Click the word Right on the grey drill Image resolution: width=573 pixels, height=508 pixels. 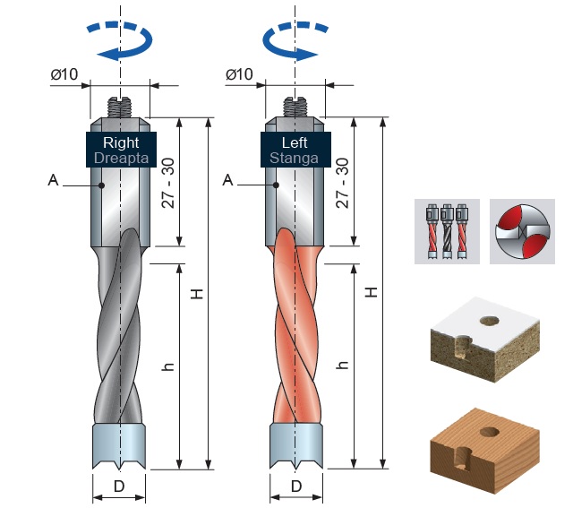121,142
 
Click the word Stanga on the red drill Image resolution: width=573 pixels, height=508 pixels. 295,159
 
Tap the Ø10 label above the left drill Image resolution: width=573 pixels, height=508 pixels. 64,74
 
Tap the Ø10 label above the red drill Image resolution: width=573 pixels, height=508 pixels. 239,74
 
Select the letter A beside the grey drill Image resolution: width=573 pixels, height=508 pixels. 54,180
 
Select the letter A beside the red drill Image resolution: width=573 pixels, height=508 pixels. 227,180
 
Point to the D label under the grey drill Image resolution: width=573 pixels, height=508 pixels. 119,486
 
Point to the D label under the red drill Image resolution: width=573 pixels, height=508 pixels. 296,486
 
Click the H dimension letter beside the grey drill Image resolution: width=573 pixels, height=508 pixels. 197,294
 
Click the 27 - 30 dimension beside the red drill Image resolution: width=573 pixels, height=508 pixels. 342,183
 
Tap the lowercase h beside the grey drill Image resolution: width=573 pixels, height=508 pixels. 168,366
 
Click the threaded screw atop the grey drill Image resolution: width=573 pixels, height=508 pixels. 120,108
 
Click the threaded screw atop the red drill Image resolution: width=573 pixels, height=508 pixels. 295,108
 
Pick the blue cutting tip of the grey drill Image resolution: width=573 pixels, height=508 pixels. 119,446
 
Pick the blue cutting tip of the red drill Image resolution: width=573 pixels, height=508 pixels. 296,446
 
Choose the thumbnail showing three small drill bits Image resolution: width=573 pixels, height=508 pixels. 447,231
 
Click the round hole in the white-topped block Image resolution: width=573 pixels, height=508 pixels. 490,321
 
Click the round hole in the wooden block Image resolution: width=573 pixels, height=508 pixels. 490,432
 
